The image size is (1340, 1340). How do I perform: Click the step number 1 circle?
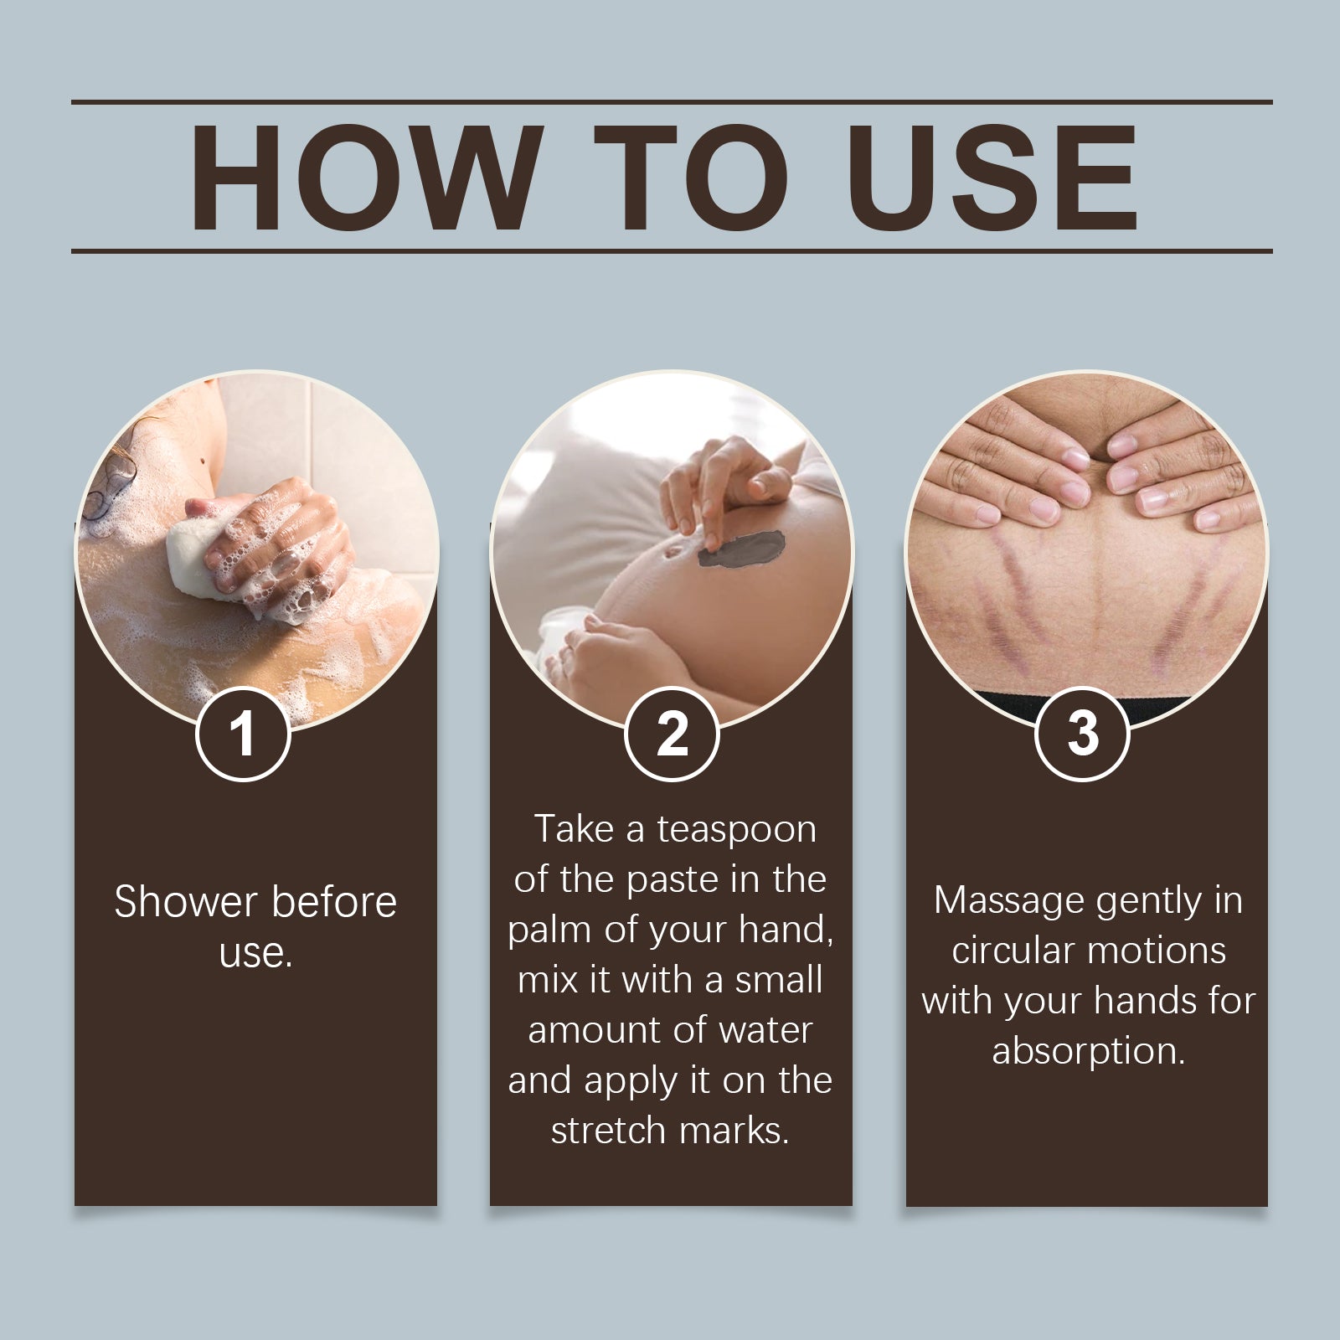(x=243, y=734)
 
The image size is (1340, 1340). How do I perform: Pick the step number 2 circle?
(x=672, y=734)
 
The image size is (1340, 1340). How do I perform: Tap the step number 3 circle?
(x=1082, y=734)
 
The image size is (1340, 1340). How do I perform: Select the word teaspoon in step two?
(x=736, y=829)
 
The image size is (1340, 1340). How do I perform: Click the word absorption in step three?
(x=1088, y=1050)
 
